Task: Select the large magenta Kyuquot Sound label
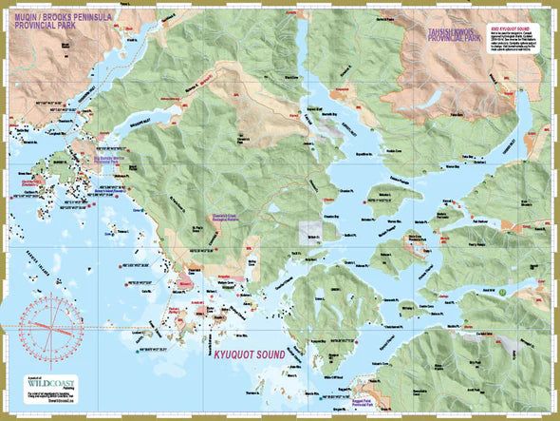pyautogui.click(x=246, y=354)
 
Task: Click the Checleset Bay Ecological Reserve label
pyautogui.click(x=232, y=216)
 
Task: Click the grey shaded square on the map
pyautogui.click(x=310, y=231)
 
